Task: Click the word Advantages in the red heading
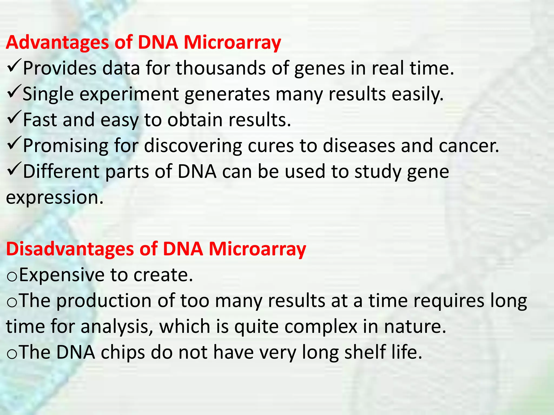pos(57,43)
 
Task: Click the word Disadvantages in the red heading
pos(70,249)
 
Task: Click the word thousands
pos(221,68)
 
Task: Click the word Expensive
pos(62,275)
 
